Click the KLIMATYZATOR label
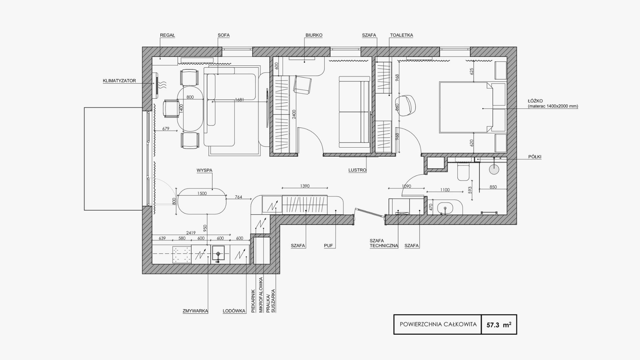pos(119,81)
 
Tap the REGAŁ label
pos(167,35)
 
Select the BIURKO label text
pos(314,35)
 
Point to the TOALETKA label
pos(401,35)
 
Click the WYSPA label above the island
pos(204,170)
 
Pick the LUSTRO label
pos(357,170)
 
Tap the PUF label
pos(328,246)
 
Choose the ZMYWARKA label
pos(195,311)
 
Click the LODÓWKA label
pos(234,311)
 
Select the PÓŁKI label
pos(535,157)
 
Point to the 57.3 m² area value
pos(499,324)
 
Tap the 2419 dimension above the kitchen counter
pos(191,233)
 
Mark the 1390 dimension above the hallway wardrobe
pos(305,186)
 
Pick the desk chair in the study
pos(302,85)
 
